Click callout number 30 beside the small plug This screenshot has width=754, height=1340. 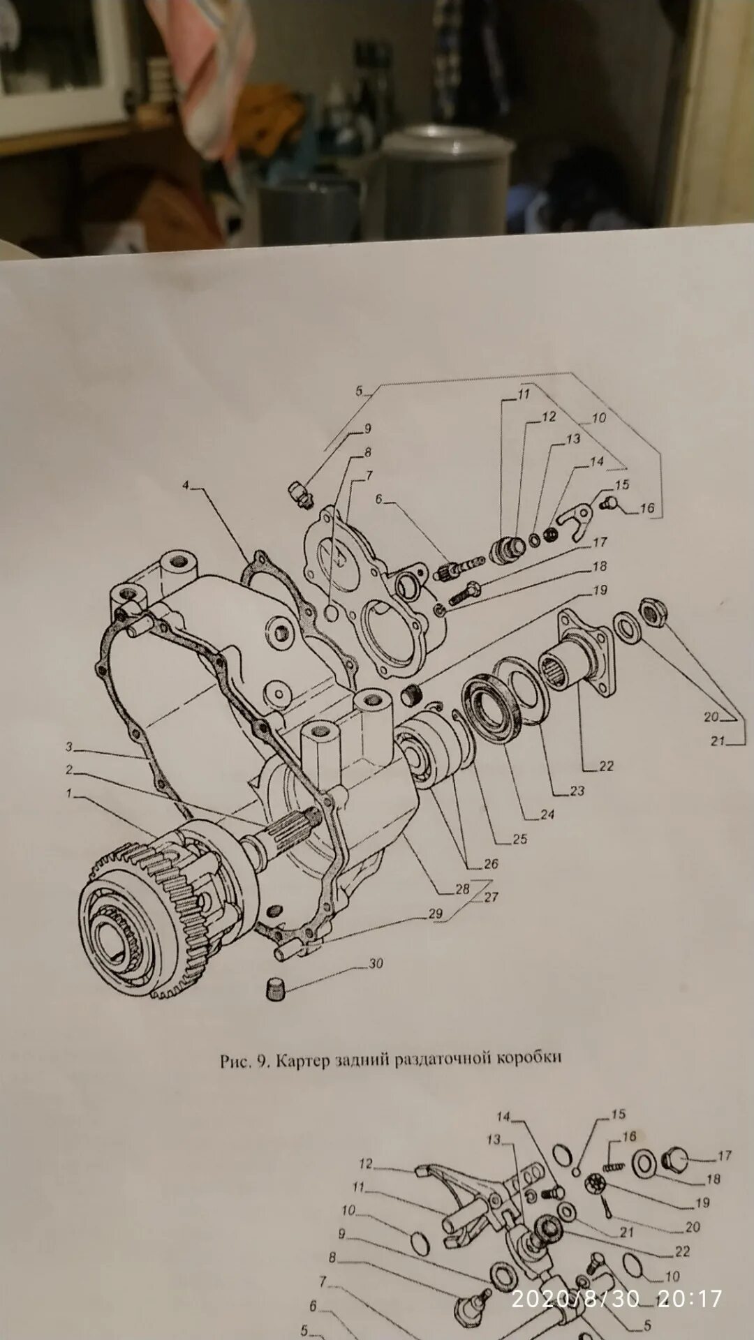tap(376, 964)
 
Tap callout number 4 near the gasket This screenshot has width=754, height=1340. tap(186, 485)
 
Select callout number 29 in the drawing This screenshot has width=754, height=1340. tap(436, 914)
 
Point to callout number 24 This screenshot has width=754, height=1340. tap(547, 814)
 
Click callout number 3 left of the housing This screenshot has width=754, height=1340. tap(69, 747)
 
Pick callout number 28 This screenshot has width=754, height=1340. tap(462, 889)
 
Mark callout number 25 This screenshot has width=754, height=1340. tap(520, 839)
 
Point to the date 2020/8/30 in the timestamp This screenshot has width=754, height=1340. tap(575, 1298)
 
